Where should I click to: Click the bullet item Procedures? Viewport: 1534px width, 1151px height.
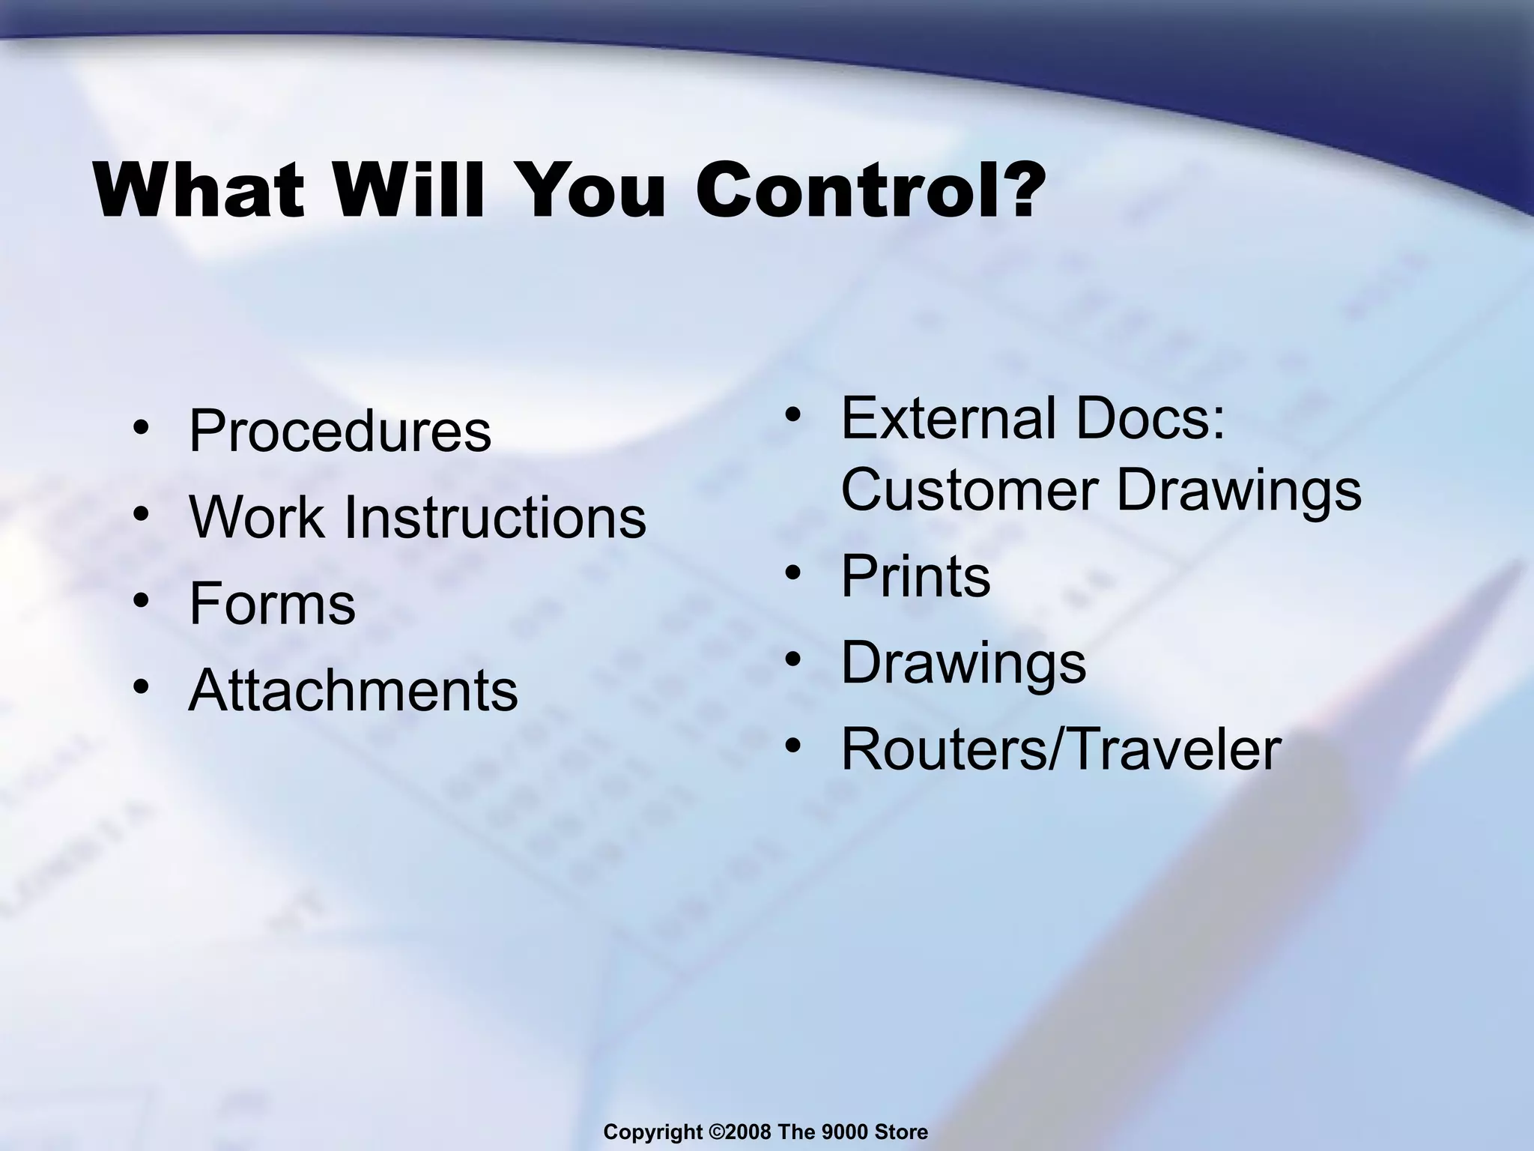tap(339, 432)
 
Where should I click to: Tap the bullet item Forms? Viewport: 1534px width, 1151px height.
tap(272, 604)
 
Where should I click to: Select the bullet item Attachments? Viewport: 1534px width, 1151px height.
tap(353, 690)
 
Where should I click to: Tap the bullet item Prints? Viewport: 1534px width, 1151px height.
tap(915, 576)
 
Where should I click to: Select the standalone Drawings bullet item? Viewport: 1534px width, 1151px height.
tap(963, 662)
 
